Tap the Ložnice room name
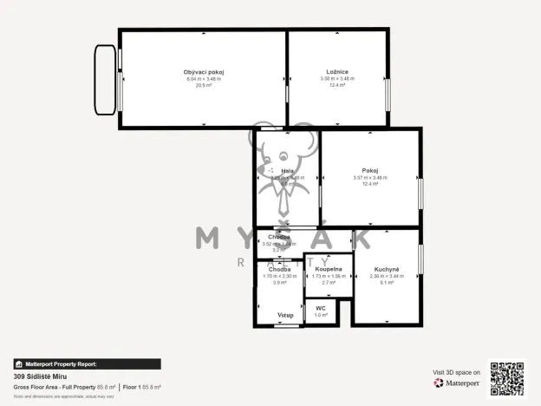[337, 71]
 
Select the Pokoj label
[370, 170]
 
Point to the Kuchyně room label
[386, 269]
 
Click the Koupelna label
[329, 269]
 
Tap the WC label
[320, 308]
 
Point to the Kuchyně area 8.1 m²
[386, 283]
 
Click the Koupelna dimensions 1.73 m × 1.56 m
[329, 276]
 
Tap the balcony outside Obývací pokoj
[105, 80]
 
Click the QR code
[506, 378]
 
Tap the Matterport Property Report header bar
[87, 364]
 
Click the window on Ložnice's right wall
[388, 91]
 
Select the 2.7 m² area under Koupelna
[329, 283]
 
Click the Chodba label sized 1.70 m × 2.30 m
[279, 269]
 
